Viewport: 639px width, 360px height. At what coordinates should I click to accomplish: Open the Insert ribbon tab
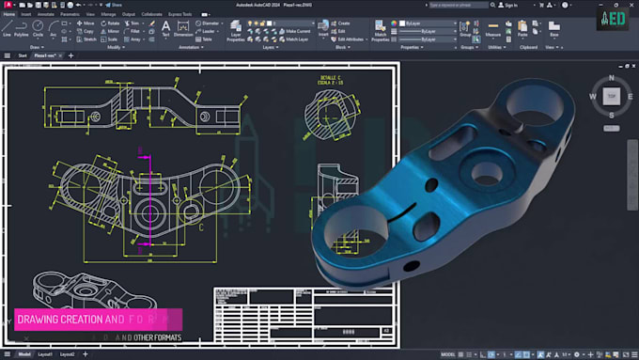26,14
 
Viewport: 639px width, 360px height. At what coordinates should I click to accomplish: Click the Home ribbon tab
8,14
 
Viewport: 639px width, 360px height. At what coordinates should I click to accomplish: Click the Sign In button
508,5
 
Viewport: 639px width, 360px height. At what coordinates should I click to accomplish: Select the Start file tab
21,56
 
